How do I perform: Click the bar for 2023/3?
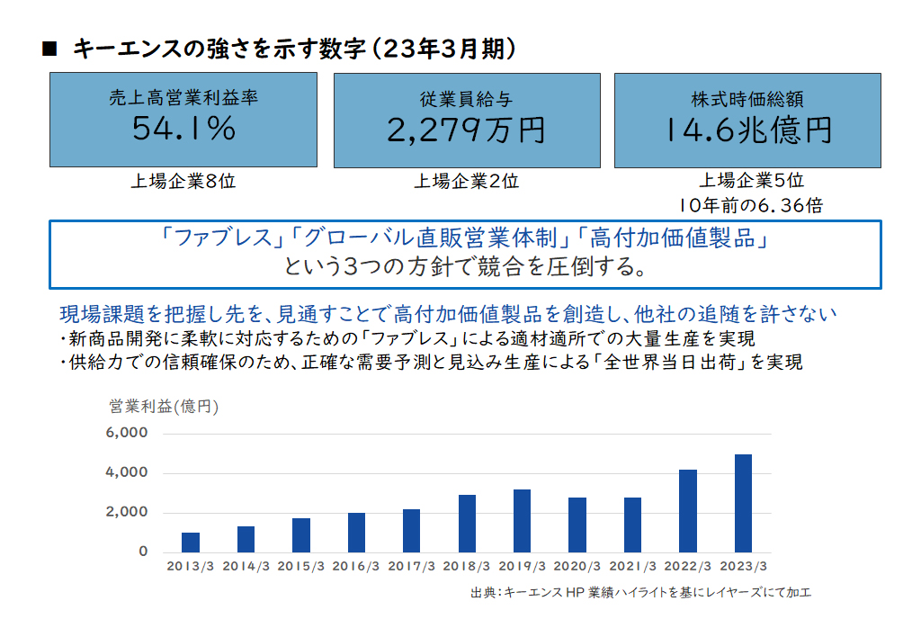pos(743,503)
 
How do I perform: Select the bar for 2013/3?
pos(190,543)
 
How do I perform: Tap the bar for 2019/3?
pos(522,521)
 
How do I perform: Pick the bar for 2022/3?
pos(687,511)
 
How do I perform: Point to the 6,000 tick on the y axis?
pos(126,433)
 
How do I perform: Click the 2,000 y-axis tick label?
pos(126,512)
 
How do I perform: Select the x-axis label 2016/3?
pos(355,566)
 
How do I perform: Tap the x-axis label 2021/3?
pos(632,566)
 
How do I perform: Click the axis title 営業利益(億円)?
pos(164,406)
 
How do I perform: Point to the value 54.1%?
pos(183,128)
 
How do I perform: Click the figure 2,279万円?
pos(467,130)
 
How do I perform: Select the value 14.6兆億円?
pos(748,130)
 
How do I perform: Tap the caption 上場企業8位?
pos(183,182)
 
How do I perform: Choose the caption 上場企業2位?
pos(467,182)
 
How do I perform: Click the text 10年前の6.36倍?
pos(751,205)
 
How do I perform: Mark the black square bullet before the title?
pos(49,49)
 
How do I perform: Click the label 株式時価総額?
pos(747,100)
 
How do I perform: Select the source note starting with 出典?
pos(640,593)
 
